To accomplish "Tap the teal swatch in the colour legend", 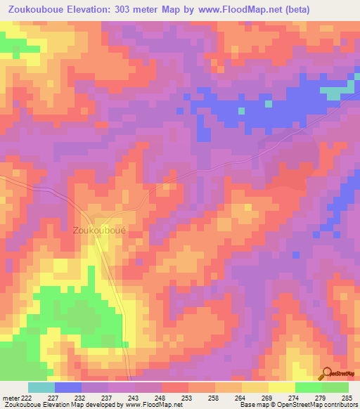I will pyautogui.click(x=41, y=387).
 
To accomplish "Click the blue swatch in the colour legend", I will pyautogui.click(x=68, y=387).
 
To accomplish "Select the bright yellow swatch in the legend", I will pyautogui.click(x=282, y=387).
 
